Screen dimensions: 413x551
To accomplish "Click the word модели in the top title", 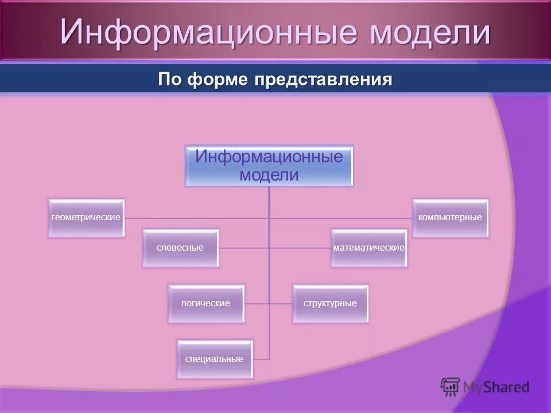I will pos(430,33).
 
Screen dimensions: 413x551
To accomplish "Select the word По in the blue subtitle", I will pos(170,79).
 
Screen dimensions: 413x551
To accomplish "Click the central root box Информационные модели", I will pos(269,165).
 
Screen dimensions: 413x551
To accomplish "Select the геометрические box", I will pos(86,218).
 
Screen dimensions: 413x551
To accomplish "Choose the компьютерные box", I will pos(450,218).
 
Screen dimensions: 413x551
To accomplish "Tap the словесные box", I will pos(180,248).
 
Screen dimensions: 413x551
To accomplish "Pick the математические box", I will pos(369,248).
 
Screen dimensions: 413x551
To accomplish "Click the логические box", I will pos(205,303).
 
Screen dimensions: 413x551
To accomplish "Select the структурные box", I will pos(330,303).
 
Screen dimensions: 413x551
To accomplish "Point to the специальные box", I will pos(214,359).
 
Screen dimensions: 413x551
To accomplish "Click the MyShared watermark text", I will pos(496,387).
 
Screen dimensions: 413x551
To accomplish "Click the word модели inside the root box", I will pos(269,174).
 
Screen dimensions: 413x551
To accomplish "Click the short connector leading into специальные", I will pos(261,359).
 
